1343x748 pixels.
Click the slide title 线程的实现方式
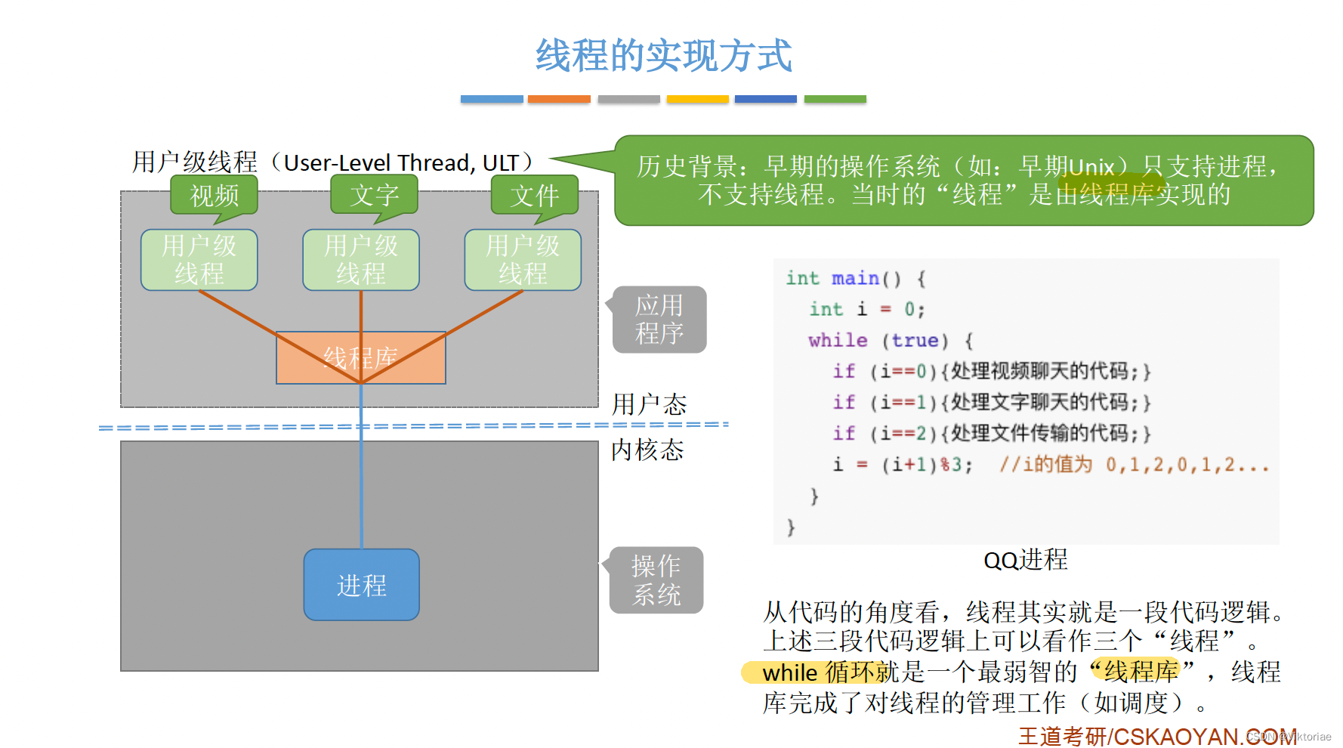(x=663, y=56)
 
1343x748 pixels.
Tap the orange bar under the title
(x=558, y=99)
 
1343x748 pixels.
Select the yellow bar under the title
(x=697, y=99)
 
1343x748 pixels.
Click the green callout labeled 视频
(x=215, y=196)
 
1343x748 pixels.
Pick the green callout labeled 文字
(x=374, y=195)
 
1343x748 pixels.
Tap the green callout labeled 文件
(x=534, y=196)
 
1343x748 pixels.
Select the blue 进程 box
(x=361, y=585)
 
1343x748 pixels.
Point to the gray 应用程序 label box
(x=659, y=319)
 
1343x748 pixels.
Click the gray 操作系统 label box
(x=656, y=580)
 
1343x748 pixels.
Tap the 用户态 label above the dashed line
(x=649, y=404)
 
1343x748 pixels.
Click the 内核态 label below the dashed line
(x=647, y=450)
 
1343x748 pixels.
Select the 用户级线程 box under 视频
(x=199, y=260)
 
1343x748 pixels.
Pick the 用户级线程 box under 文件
(x=523, y=260)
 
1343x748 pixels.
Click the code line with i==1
(x=990, y=402)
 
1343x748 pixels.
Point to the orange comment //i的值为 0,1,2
(x=1133, y=464)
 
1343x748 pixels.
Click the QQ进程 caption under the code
(x=1025, y=560)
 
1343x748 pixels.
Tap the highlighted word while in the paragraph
(x=789, y=672)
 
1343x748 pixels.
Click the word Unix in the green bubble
(x=1092, y=166)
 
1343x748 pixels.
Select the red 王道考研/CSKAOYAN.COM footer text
(x=1156, y=736)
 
